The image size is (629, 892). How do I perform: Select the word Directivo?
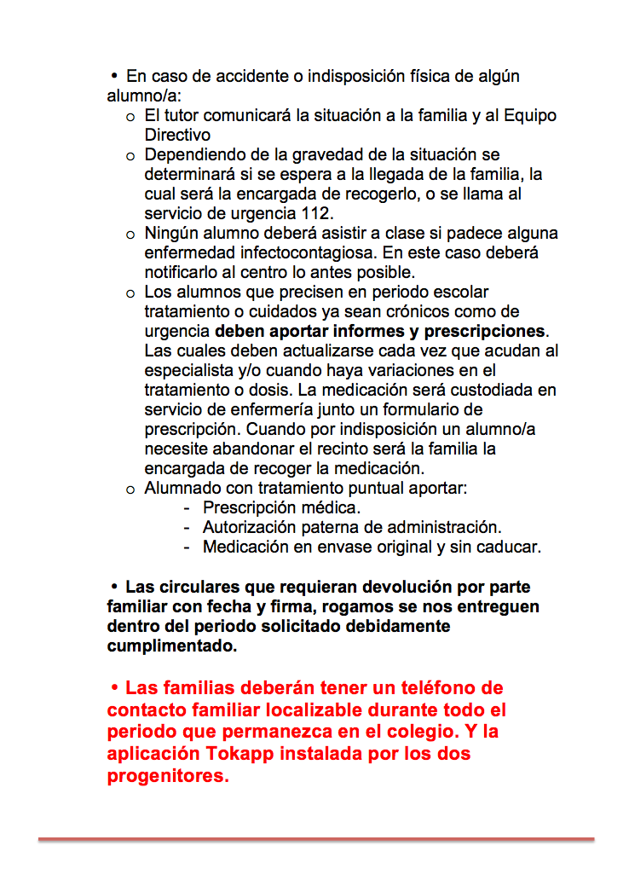click(x=177, y=135)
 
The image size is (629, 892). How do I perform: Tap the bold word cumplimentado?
click(x=171, y=646)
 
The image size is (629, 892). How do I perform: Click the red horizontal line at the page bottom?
click(x=315, y=840)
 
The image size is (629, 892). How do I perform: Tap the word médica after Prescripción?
click(x=325, y=507)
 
